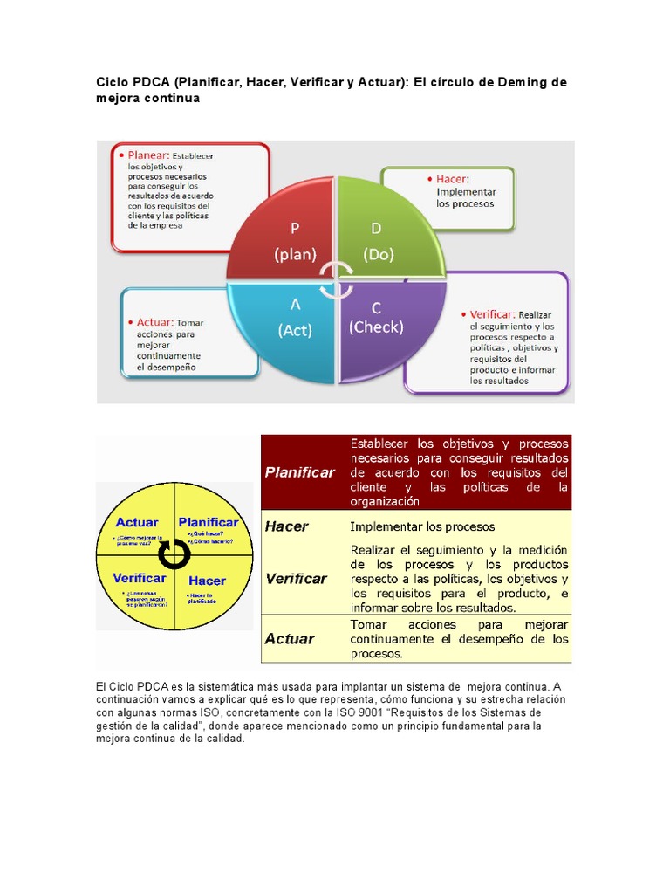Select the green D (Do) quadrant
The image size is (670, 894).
(384, 234)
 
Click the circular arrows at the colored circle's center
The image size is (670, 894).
(336, 280)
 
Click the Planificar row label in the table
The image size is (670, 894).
(299, 472)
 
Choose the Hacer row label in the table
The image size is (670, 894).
(287, 526)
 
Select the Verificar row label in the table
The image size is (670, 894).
(296, 578)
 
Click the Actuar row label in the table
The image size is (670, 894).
(289, 638)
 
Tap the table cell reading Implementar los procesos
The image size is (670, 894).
(422, 526)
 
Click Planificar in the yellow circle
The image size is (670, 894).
(209, 522)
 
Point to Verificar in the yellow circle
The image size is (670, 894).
(140, 579)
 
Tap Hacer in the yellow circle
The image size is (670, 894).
(207, 581)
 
